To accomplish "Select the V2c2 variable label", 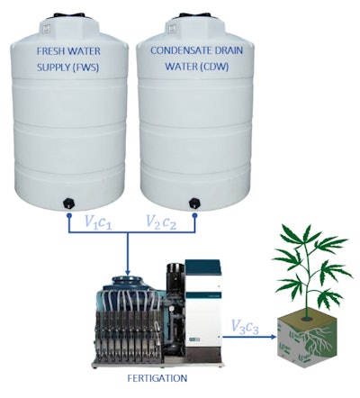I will coord(164,220).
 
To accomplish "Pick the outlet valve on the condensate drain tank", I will coord(193,201).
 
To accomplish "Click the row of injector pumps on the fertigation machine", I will coord(135,334).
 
